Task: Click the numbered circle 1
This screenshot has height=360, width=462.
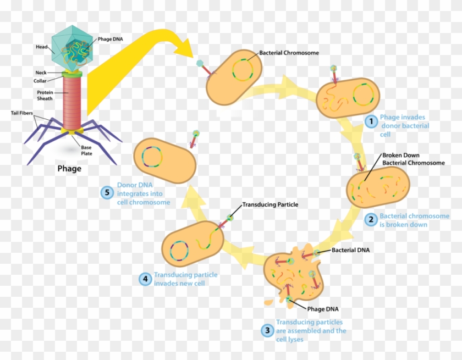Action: [371, 121]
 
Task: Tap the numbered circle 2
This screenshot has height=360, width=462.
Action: [371, 220]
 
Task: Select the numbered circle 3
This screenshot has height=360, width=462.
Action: [267, 330]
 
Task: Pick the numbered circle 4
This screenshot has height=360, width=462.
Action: [145, 279]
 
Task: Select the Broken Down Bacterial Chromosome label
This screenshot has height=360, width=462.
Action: [413, 159]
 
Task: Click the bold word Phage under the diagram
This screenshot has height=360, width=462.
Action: [69, 168]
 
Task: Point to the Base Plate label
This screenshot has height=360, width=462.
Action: [86, 151]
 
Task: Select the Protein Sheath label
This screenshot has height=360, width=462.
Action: [45, 96]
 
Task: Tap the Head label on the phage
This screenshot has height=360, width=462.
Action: [42, 47]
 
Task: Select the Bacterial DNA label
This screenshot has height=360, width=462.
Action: [351, 250]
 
